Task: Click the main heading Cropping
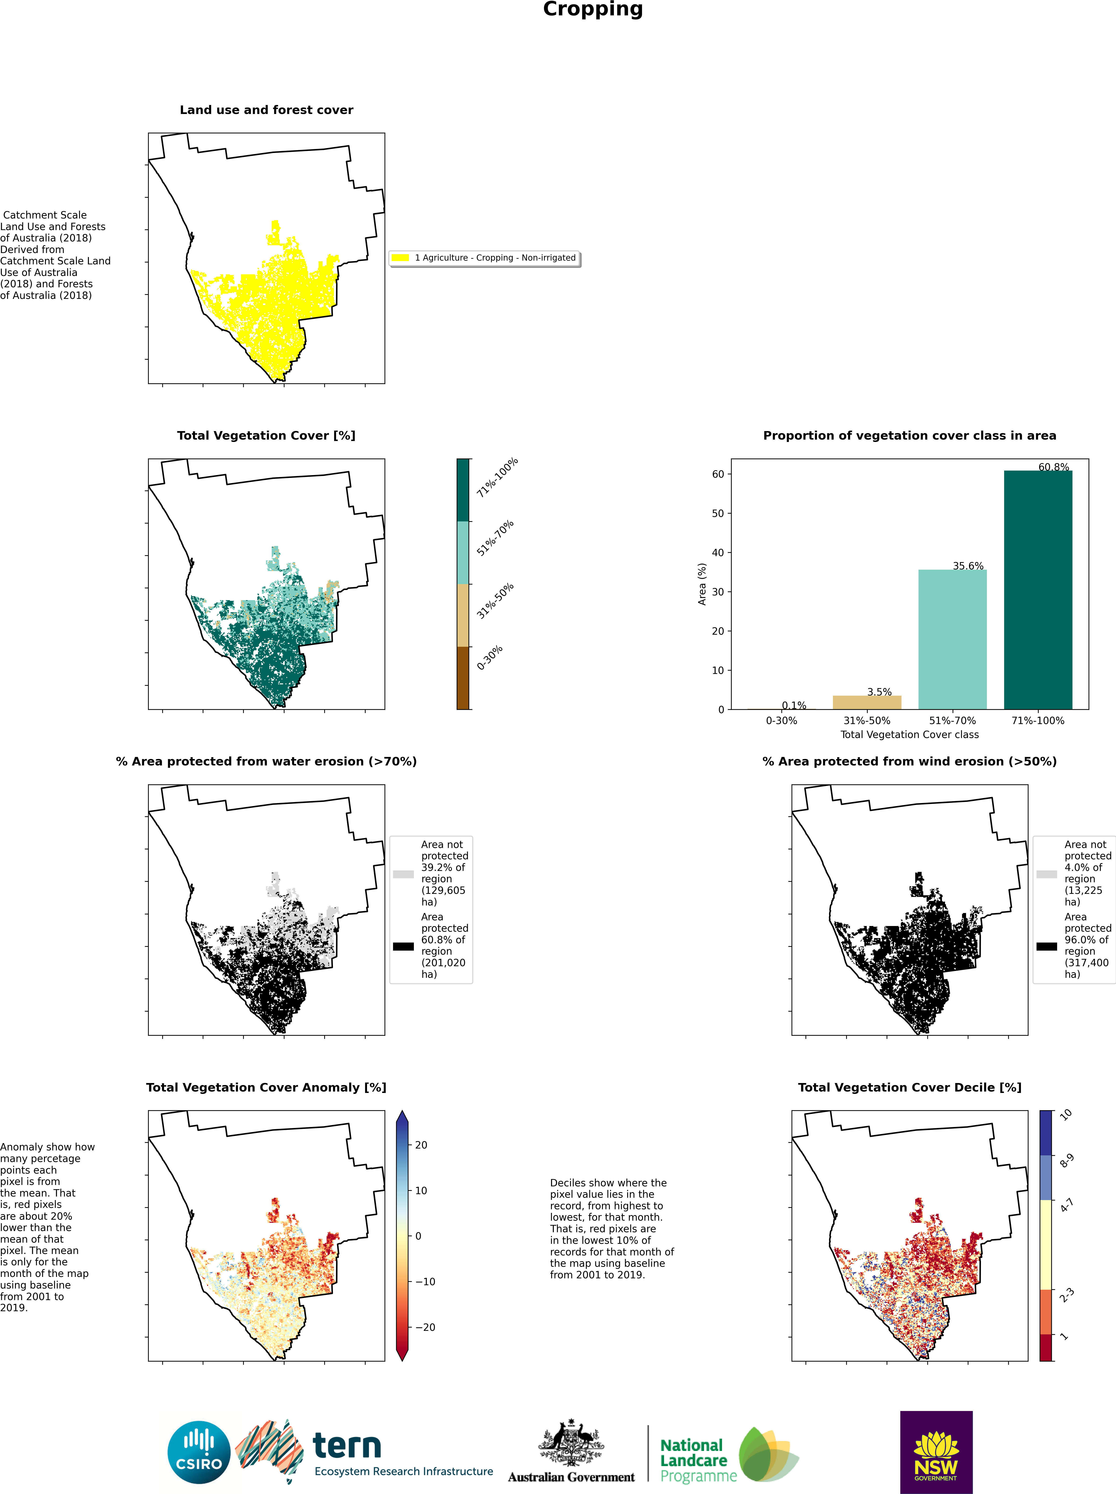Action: (x=592, y=9)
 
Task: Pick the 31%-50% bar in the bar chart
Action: (x=867, y=702)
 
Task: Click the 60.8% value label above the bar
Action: (x=1053, y=467)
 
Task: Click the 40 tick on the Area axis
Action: (x=718, y=552)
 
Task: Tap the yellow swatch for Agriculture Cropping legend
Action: (x=400, y=257)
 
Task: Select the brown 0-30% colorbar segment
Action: (x=463, y=677)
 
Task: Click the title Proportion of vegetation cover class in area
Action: (x=909, y=436)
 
